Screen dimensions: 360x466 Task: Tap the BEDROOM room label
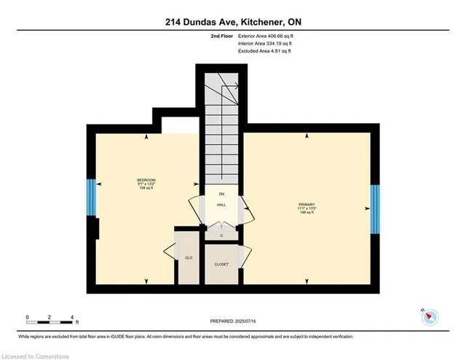(x=146, y=180)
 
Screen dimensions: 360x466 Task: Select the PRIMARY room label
(x=305, y=205)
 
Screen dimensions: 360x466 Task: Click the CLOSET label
(x=221, y=265)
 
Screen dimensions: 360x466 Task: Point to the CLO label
(x=188, y=258)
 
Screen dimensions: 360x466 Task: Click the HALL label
(x=221, y=206)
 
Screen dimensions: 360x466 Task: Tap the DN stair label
(x=221, y=194)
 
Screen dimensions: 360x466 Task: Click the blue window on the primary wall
(x=374, y=209)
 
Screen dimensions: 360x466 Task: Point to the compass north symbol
(x=430, y=316)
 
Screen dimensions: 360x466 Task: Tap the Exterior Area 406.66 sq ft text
(x=265, y=35)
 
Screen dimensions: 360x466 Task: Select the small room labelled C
(x=221, y=235)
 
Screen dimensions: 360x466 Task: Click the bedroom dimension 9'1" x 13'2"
(x=146, y=185)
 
